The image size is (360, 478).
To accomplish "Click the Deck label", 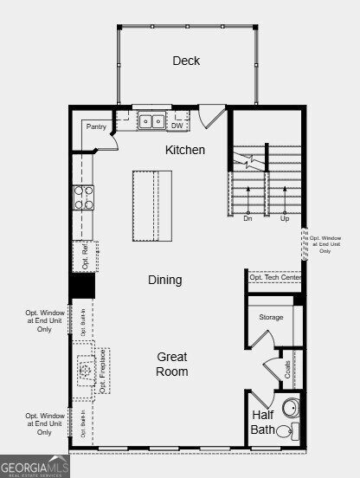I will [x=186, y=61].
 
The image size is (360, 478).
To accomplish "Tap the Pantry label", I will [x=95, y=126].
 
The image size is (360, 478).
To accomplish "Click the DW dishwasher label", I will [x=177, y=126].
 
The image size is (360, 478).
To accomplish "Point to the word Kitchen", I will [x=185, y=150].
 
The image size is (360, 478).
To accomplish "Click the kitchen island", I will [x=151, y=206].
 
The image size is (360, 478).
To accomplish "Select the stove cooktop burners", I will [x=83, y=198].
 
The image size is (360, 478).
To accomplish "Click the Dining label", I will [x=164, y=280].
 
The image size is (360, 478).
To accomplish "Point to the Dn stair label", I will [x=247, y=219].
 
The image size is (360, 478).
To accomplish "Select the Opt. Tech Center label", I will [x=274, y=277].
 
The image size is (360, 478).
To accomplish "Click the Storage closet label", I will [x=271, y=318].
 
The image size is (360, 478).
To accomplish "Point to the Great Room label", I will [x=172, y=364].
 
